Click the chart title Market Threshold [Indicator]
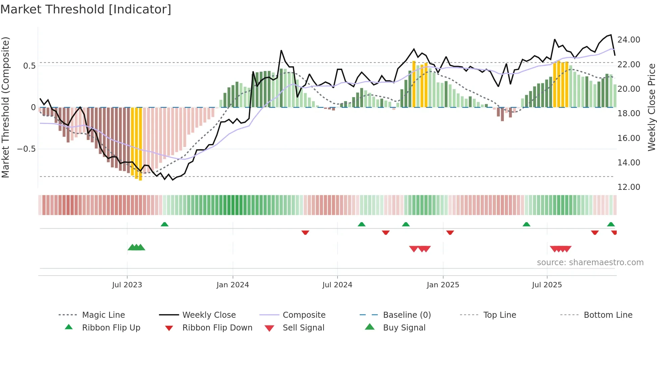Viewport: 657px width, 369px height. click(x=86, y=9)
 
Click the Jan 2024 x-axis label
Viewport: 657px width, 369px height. click(x=233, y=285)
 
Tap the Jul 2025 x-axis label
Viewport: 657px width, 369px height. click(x=547, y=285)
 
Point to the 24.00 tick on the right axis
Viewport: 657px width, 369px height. click(x=629, y=40)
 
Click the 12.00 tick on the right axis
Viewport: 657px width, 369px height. click(x=629, y=187)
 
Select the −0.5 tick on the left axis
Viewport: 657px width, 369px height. click(x=26, y=149)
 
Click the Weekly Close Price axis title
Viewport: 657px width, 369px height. click(x=651, y=107)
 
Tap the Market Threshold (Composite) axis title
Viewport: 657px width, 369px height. click(x=5, y=107)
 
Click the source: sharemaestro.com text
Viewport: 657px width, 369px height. click(x=590, y=262)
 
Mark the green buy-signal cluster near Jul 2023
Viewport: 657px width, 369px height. click(x=136, y=247)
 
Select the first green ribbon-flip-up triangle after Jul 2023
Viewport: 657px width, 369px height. click(x=164, y=224)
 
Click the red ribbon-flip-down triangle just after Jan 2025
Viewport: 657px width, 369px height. click(x=450, y=232)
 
